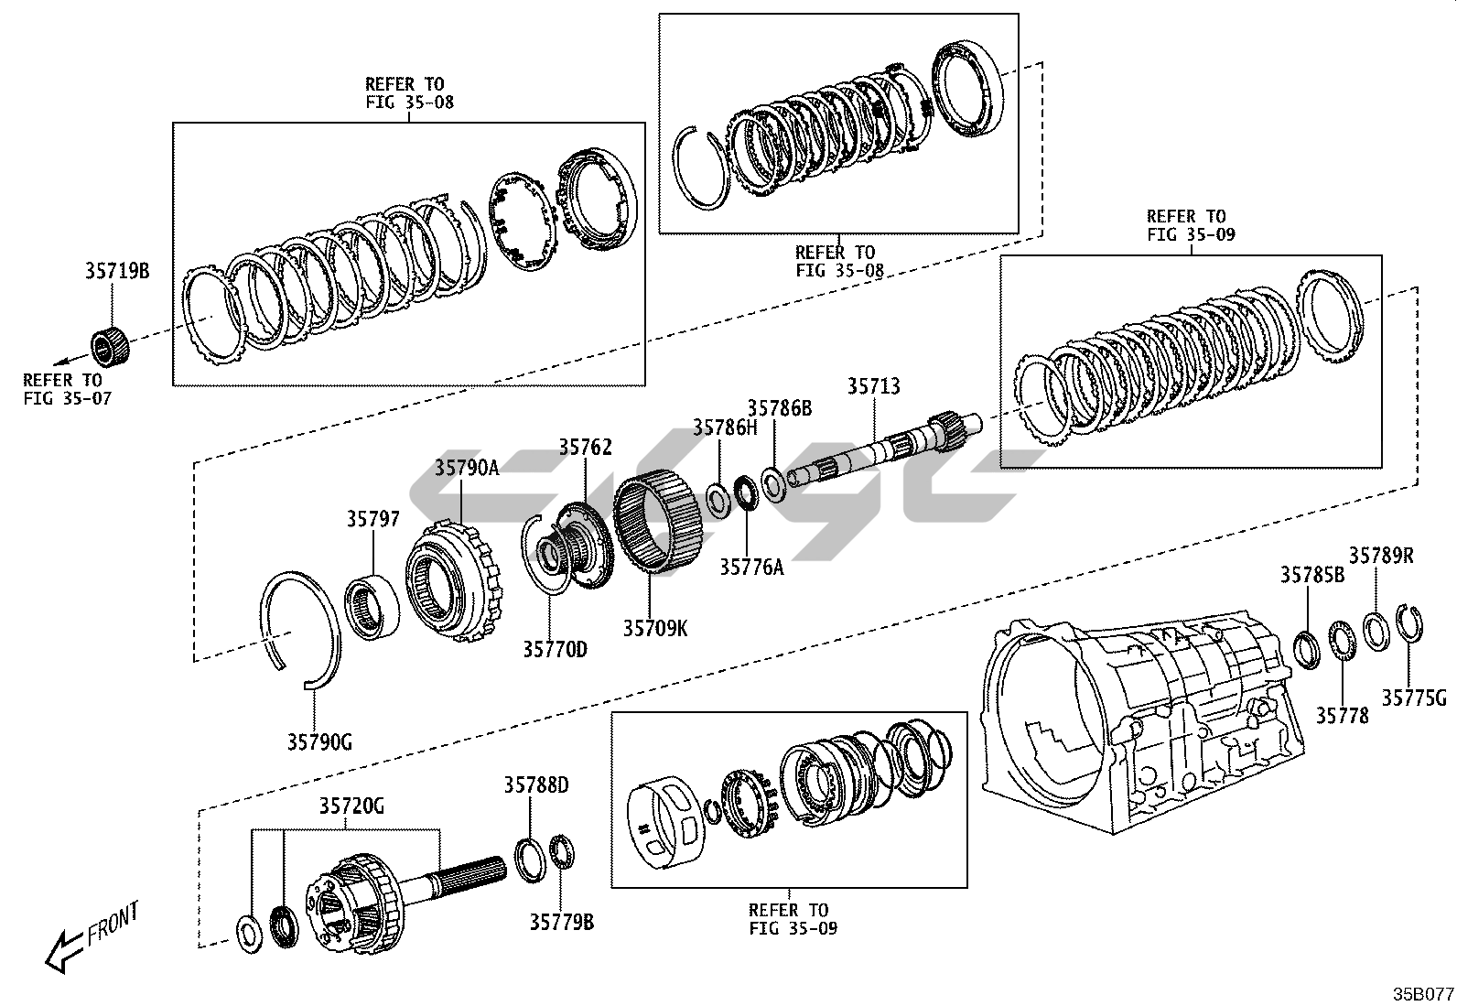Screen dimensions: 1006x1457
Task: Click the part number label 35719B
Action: click(x=116, y=271)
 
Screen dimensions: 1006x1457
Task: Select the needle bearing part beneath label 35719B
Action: click(x=110, y=346)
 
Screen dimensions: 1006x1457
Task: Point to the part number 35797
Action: click(x=372, y=519)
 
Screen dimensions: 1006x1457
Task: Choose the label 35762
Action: click(x=585, y=448)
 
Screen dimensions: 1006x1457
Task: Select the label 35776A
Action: click(x=750, y=568)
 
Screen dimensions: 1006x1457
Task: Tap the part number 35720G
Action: click(x=351, y=806)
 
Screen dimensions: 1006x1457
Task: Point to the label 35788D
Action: click(x=535, y=785)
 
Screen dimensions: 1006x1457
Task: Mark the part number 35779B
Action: click(x=561, y=922)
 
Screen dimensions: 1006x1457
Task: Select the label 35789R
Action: click(x=1381, y=556)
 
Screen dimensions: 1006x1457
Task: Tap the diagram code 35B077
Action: click(x=1422, y=992)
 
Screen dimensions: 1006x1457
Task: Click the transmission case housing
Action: click(x=1144, y=723)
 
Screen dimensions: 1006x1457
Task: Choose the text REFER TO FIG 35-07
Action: click(x=67, y=389)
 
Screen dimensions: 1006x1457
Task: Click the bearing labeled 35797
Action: click(x=372, y=605)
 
